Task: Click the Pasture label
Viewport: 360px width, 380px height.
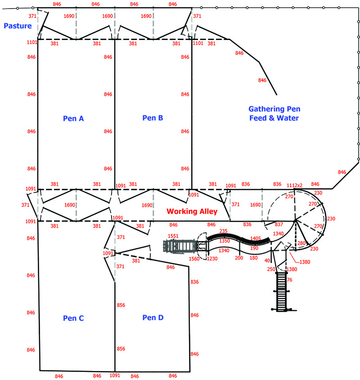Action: tap(18, 26)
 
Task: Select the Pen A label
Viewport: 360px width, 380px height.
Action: tap(73, 118)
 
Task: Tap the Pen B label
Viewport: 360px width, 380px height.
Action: tap(153, 118)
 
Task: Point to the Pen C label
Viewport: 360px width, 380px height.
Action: tap(73, 318)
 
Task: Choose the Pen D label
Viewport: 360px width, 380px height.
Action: tap(153, 317)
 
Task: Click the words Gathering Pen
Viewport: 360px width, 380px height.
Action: tap(274, 109)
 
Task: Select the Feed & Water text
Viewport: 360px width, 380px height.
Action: tap(274, 118)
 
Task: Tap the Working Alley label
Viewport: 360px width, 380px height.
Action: tap(192, 211)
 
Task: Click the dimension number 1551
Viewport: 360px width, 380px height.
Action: tap(173, 236)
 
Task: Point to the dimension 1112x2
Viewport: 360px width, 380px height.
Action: tap(294, 185)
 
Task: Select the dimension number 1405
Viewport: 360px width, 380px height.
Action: tap(256, 238)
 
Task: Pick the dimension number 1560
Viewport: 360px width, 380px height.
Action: tap(194, 259)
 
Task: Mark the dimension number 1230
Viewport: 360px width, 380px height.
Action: tap(212, 259)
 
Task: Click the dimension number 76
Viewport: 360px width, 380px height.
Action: tap(290, 280)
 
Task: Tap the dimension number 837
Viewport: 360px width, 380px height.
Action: tap(279, 224)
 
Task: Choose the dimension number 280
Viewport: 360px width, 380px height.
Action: tap(301, 243)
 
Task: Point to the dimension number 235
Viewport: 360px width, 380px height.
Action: tap(223, 231)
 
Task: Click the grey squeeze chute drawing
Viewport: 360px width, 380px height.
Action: tap(180, 246)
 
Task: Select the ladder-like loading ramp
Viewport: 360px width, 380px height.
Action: tap(281, 291)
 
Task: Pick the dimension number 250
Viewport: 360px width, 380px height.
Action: tap(271, 269)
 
